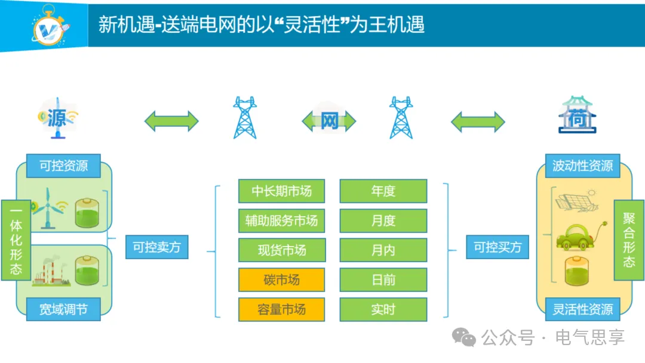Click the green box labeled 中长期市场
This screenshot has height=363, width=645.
[x=281, y=191]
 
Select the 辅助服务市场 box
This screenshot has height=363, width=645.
[x=281, y=220]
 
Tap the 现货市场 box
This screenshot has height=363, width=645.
[x=281, y=250]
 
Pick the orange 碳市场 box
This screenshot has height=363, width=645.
[x=281, y=279]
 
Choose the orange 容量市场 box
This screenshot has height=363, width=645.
[x=281, y=309]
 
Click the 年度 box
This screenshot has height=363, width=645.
[x=383, y=191]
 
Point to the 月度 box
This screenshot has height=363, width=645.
[x=383, y=220]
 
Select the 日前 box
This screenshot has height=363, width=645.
[x=383, y=279]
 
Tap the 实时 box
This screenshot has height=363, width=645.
[x=383, y=309]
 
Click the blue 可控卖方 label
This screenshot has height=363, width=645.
[x=156, y=247]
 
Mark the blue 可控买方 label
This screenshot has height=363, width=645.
[x=497, y=247]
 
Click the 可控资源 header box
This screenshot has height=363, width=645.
[x=63, y=166]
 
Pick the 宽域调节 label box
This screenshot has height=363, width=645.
[x=63, y=309]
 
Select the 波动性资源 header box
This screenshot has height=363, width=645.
[x=582, y=166]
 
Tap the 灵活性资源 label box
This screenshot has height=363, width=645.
[x=582, y=309]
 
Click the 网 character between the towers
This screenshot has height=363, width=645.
[x=330, y=121]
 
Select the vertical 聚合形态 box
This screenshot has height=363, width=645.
[x=629, y=240]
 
